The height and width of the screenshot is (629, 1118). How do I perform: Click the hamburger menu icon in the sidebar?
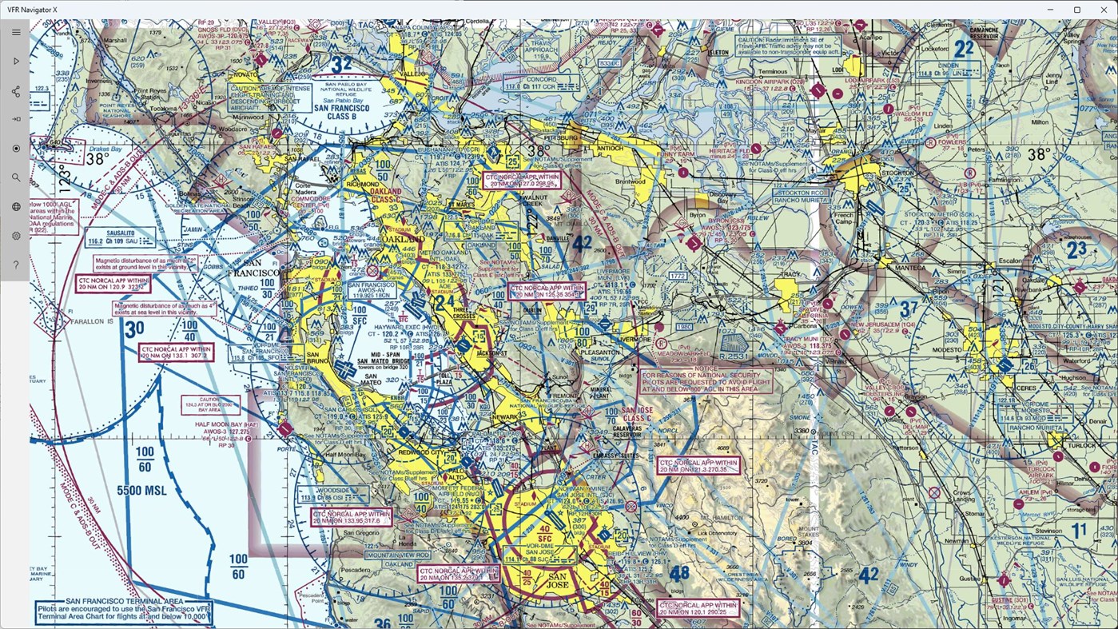pos(16,32)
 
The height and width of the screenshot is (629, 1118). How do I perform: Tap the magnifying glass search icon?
pos(16,177)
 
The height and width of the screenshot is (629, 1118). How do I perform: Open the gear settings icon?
pos(16,236)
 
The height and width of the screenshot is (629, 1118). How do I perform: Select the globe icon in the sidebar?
pos(16,207)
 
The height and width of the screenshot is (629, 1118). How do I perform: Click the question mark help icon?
pos(16,265)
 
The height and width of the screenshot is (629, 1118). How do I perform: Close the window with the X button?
pos(1104,10)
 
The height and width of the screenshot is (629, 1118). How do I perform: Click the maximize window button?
pos(1076,10)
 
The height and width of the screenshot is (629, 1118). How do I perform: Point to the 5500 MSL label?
pos(142,491)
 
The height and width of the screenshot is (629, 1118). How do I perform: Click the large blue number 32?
pos(341,65)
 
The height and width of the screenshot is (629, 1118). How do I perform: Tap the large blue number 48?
pos(678,572)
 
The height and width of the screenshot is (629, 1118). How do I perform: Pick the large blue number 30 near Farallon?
pos(134,328)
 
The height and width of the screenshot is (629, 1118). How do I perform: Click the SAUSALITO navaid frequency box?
pos(110,236)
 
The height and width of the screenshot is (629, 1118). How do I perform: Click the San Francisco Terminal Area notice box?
pos(124,611)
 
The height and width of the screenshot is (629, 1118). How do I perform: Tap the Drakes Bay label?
pos(105,149)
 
